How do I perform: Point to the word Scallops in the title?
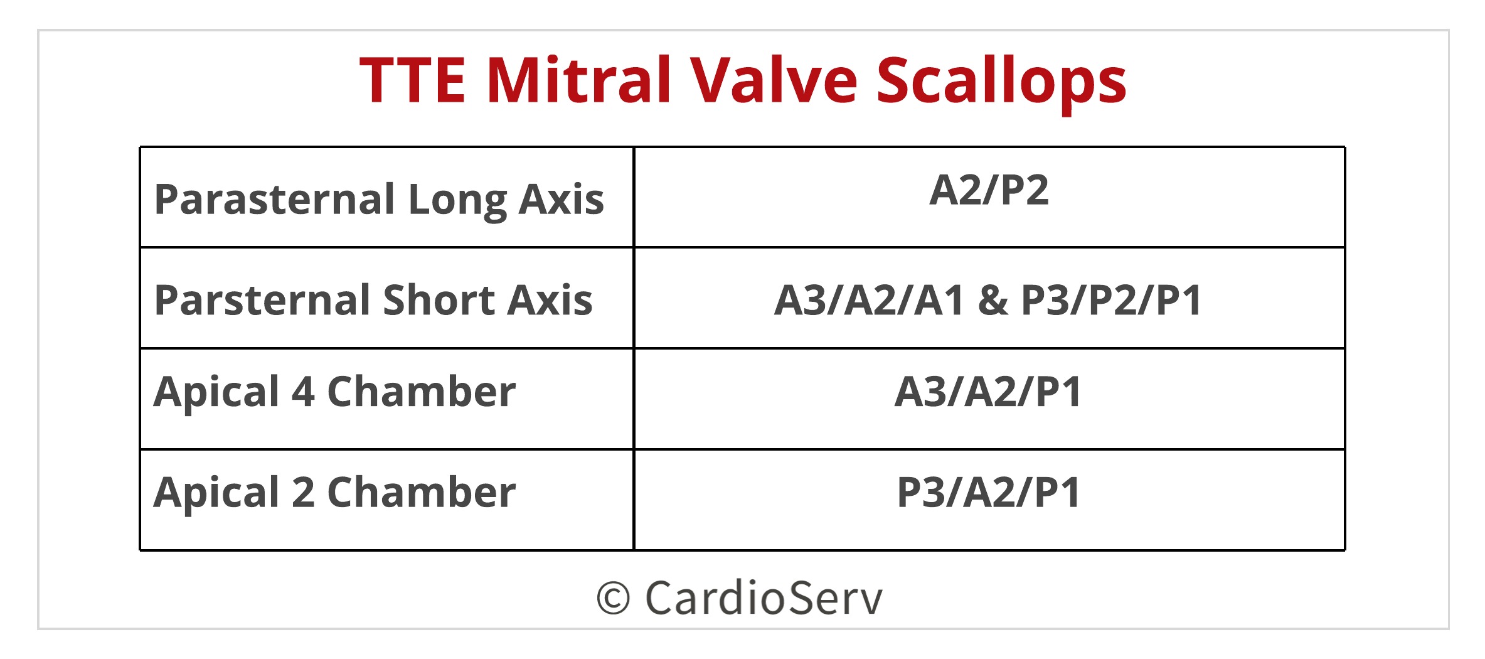pyautogui.click(x=1001, y=82)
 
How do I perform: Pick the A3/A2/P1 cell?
pyautogui.click(x=989, y=392)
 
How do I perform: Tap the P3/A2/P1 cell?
pyautogui.click(x=989, y=492)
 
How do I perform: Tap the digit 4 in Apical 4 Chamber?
pyautogui.click(x=303, y=392)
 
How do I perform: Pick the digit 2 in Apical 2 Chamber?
pyautogui.click(x=303, y=492)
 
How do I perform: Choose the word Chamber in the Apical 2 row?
pyautogui.click(x=421, y=492)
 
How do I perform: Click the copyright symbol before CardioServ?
pyautogui.click(x=613, y=598)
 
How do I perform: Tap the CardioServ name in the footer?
pyautogui.click(x=764, y=598)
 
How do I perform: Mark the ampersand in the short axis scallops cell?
pyautogui.click(x=993, y=300)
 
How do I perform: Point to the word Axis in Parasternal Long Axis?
pyautogui.click(x=562, y=200)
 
